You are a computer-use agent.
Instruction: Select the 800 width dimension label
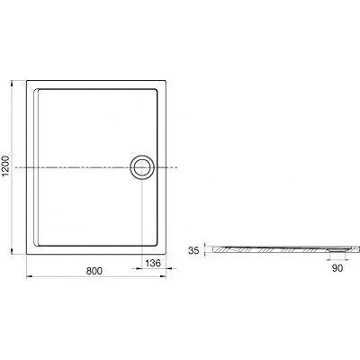pos(94,270)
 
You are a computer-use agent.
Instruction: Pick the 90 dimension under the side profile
pos(337,267)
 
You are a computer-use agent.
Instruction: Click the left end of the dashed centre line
pos(16,167)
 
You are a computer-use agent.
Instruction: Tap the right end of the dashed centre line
pos(178,167)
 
